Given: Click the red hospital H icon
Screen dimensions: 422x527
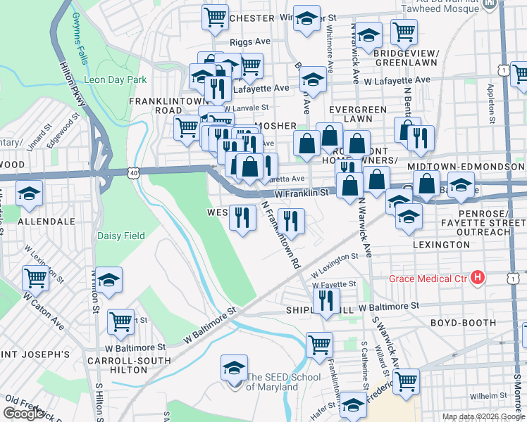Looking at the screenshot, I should pos(478,279).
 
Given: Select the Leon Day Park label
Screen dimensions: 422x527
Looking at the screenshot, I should pos(115,79).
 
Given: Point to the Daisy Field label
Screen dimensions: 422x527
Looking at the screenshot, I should pos(120,236).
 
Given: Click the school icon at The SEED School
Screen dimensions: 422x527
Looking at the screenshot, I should pos(235,369).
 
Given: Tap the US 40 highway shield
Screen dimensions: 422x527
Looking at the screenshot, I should pos(133,172).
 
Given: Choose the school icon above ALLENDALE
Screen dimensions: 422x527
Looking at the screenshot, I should pos(29,195).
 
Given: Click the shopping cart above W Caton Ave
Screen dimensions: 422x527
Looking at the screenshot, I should pos(35,278).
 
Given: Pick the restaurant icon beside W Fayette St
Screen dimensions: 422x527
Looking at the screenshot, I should pos(325,302).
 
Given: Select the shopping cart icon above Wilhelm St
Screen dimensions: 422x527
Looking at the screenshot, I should pos(406,381).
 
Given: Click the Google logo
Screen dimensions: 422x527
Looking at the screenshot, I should pos(24,414).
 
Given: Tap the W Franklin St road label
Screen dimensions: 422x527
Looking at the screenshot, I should pos(302,192).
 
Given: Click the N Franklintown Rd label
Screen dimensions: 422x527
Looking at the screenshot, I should pos(282,235).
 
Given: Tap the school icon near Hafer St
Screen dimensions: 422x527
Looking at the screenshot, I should pos(353,406).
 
